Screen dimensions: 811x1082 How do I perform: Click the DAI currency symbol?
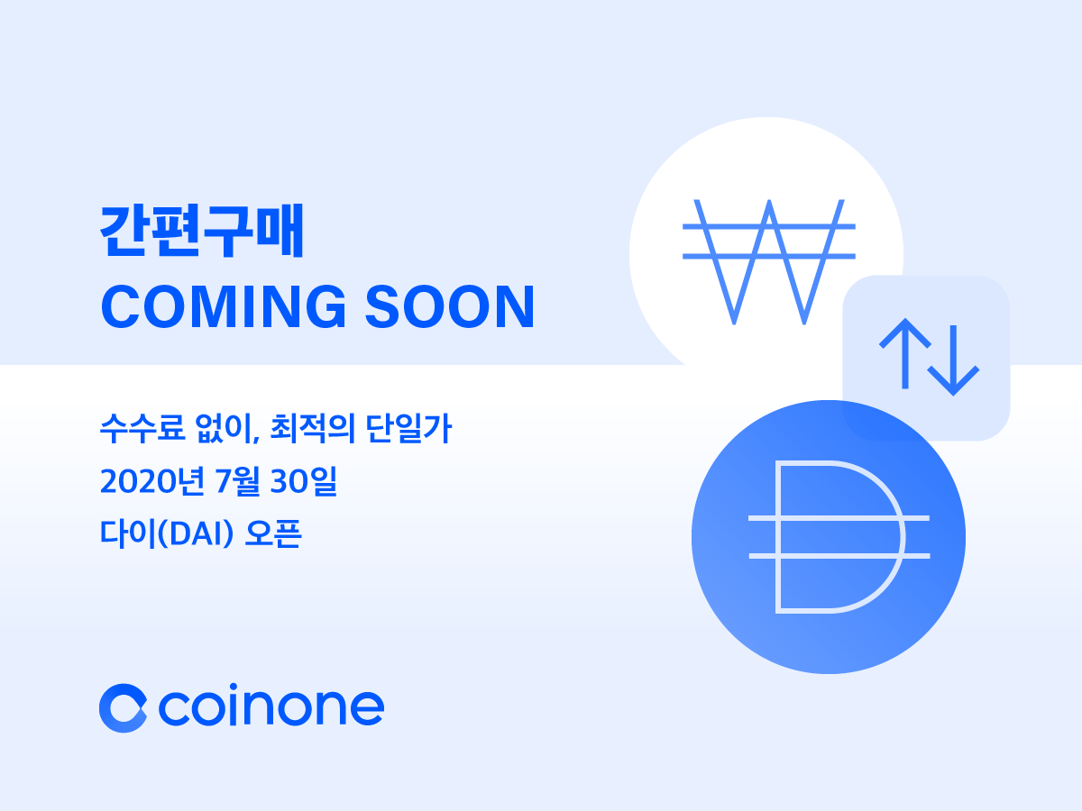coord(839,538)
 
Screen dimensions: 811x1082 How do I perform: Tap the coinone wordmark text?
coord(271,707)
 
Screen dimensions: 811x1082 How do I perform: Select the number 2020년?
coord(146,481)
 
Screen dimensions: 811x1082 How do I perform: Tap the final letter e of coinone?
coord(365,709)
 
